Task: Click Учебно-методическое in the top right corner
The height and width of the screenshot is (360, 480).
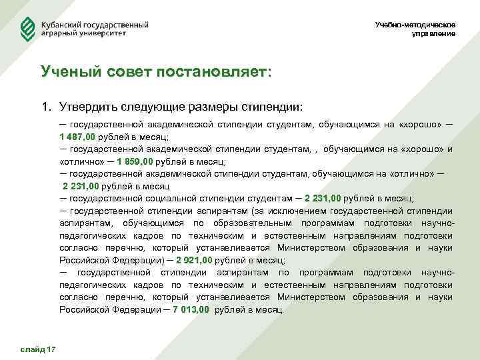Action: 415,25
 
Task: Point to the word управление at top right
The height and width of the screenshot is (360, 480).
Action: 434,34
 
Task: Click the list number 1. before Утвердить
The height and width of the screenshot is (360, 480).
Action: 46,106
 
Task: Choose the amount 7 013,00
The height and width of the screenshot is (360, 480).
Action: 191,310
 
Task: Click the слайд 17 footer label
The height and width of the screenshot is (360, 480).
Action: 39,349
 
